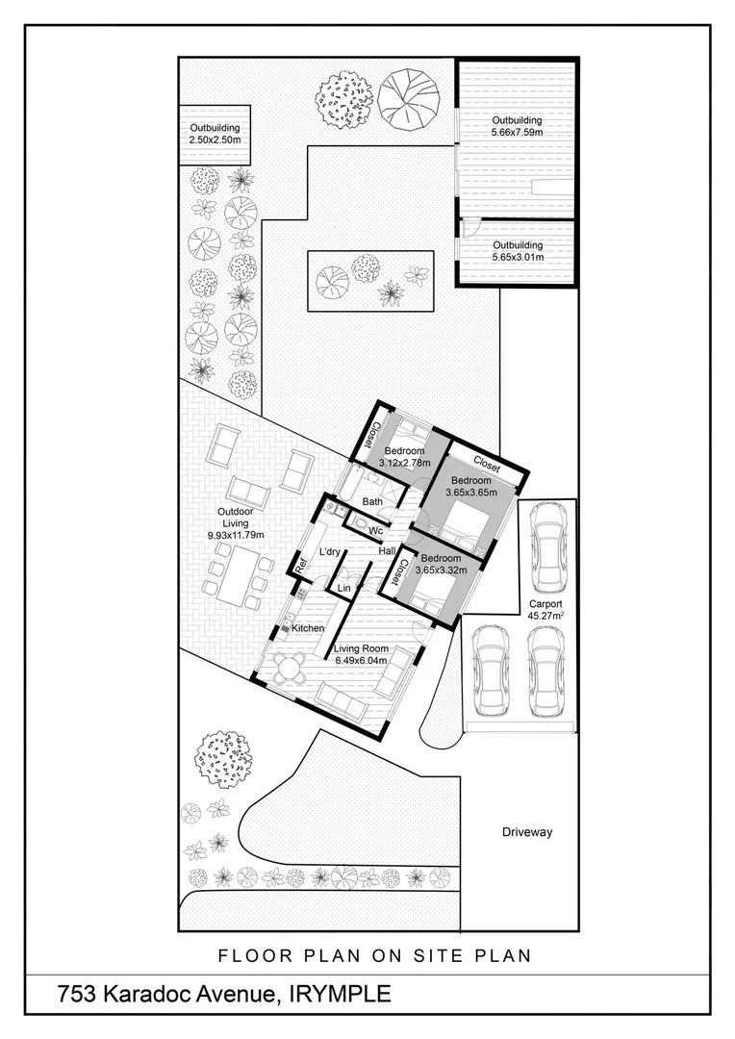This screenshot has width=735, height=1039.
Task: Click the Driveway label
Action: [527, 832]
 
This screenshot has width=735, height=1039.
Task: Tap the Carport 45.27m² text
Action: [544, 611]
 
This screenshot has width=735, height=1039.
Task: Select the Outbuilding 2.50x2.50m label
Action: [215, 134]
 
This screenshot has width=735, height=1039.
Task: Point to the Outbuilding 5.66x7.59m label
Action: [518, 126]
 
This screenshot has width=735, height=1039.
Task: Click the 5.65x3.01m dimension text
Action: [518, 257]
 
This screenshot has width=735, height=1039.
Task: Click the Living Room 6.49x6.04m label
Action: [360, 654]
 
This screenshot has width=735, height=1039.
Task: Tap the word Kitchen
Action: [308, 628]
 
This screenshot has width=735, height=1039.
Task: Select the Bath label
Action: [373, 501]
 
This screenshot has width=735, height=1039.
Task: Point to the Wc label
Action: [378, 530]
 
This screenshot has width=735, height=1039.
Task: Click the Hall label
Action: [387, 551]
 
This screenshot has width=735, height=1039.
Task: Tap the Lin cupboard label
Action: [342, 587]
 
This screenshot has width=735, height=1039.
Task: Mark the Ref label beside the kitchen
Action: [299, 570]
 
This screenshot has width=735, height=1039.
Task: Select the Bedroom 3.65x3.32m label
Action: [441, 564]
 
